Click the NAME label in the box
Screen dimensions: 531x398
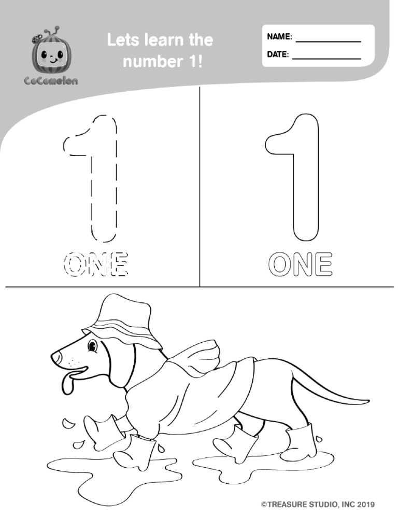click(279, 37)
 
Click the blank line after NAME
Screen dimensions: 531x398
click(328, 41)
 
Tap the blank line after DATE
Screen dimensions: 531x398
click(326, 59)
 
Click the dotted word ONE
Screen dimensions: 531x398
click(96, 265)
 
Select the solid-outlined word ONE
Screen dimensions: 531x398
click(300, 264)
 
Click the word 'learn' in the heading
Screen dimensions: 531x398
click(160, 40)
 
